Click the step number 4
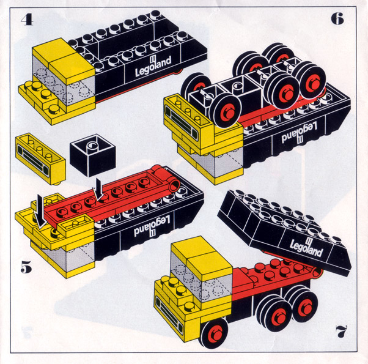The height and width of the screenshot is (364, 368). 27,20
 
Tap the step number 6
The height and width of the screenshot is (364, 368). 337,18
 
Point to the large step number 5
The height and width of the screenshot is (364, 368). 26,267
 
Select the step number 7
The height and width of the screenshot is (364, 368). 341,332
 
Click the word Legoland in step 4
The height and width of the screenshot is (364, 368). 153,66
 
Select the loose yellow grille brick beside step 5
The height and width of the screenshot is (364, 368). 40,158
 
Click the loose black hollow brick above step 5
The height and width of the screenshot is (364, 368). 93,155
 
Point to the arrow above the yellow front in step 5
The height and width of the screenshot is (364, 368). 40,211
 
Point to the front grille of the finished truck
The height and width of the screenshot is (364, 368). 169,313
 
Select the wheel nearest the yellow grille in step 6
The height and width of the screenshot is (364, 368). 226,111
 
